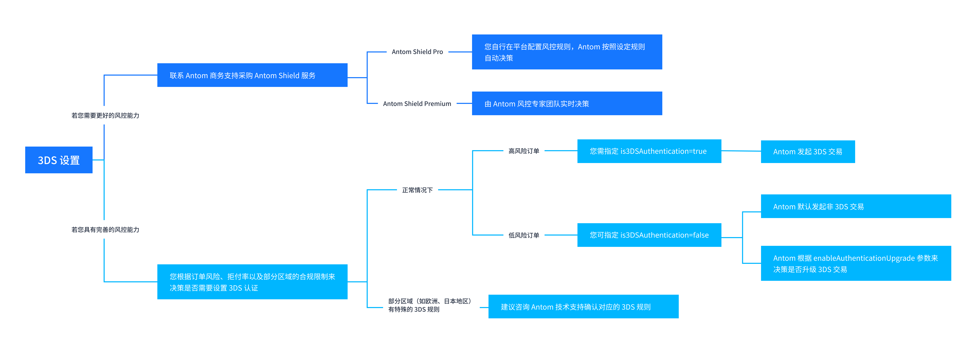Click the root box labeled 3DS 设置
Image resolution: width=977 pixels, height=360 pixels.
pyautogui.click(x=59, y=160)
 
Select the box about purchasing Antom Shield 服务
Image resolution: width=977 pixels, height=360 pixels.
pyautogui.click(x=252, y=75)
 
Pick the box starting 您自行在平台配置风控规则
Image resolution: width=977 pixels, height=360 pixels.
pyautogui.click(x=567, y=52)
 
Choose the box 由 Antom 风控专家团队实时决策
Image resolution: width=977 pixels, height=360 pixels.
pyautogui.click(x=567, y=104)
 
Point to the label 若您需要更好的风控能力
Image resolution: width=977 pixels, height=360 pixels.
pyautogui.click(x=105, y=115)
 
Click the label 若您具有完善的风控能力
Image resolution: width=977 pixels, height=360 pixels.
pyautogui.click(x=105, y=230)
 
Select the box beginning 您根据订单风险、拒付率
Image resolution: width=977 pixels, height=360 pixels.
pyautogui.click(x=252, y=282)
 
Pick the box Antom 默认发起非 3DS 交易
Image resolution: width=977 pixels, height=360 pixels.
pyautogui.click(x=856, y=206)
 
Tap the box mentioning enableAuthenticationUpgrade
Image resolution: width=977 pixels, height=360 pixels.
pyautogui.click(x=856, y=263)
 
